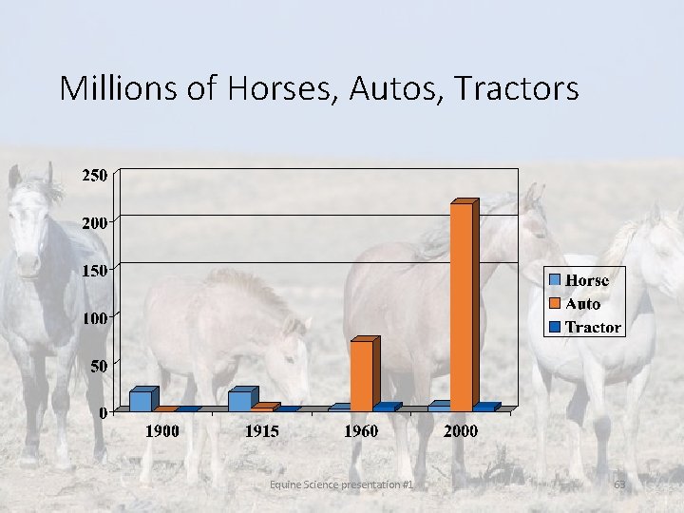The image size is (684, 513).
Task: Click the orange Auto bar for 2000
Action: [462, 306]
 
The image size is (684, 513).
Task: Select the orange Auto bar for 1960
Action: [362, 374]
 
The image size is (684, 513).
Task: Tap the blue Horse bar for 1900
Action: [141, 400]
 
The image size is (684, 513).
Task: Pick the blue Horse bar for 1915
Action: [240, 400]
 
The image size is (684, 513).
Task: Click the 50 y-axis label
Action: [99, 366]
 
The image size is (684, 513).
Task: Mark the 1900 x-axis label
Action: [161, 431]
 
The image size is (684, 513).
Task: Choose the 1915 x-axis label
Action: [261, 431]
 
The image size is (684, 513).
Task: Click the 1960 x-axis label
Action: [361, 431]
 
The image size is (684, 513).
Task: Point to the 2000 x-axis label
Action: [461, 431]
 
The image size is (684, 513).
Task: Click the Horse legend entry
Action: [586, 280]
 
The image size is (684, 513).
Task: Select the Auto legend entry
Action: [582, 304]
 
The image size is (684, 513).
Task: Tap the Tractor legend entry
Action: [592, 328]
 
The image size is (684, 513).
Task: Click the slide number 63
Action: [619, 484]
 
